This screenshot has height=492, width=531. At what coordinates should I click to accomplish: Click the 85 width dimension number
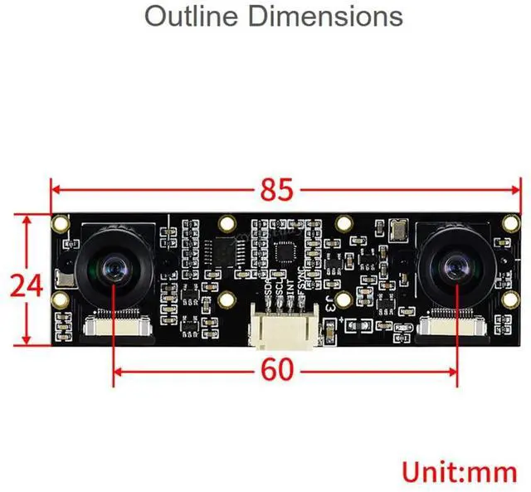[277, 190]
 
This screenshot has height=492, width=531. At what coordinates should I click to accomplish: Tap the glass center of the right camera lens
[455, 268]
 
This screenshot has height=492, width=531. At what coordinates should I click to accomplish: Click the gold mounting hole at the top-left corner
[61, 223]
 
